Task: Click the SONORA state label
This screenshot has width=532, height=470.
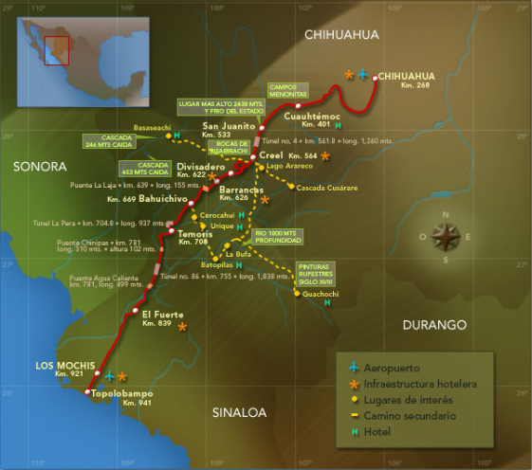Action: click(40, 166)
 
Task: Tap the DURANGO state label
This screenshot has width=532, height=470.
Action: click(434, 325)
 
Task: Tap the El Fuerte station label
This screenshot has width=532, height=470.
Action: click(160, 314)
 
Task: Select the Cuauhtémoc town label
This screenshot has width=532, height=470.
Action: click(318, 117)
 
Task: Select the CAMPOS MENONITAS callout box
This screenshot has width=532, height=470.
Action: click(289, 91)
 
